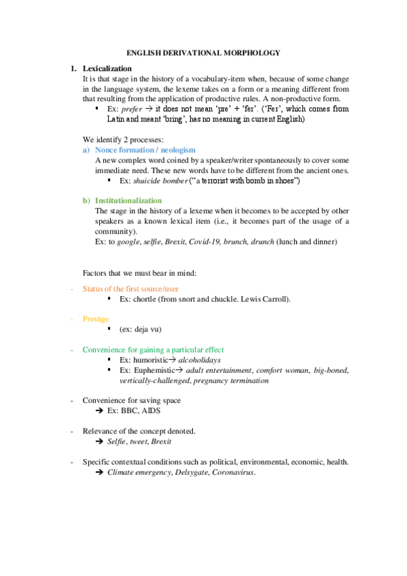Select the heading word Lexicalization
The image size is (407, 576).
pos(107,69)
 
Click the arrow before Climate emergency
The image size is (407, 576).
pos(99,472)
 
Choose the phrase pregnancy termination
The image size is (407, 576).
pos(231,380)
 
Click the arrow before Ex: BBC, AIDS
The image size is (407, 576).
pos(99,411)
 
